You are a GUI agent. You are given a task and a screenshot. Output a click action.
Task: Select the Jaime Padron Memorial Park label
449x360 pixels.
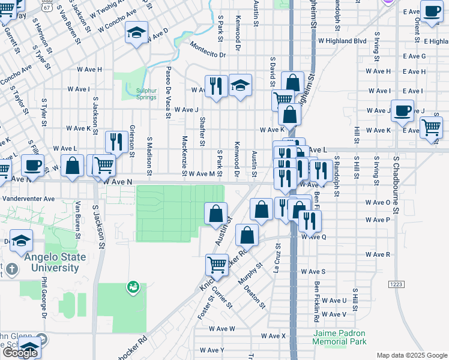coord(339,337)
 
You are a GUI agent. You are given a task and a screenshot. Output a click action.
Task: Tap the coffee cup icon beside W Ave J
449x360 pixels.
coord(402,110)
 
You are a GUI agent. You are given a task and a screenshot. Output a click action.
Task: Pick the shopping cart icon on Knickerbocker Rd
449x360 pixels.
coord(217,264)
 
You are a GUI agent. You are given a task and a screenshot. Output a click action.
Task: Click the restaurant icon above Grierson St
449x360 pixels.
coord(113,142)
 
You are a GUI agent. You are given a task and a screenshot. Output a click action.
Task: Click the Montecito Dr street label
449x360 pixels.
coord(207,55)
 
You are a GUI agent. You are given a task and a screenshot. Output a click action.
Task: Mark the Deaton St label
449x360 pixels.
coord(255,296)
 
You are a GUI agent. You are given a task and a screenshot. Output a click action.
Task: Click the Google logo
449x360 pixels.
coord(20,352)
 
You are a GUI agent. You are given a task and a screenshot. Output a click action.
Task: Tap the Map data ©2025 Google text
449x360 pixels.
coord(411,355)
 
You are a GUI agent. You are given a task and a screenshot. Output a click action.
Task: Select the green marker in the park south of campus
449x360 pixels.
coord(132,288)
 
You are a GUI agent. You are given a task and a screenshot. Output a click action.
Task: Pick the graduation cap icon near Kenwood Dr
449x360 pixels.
coord(240,86)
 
